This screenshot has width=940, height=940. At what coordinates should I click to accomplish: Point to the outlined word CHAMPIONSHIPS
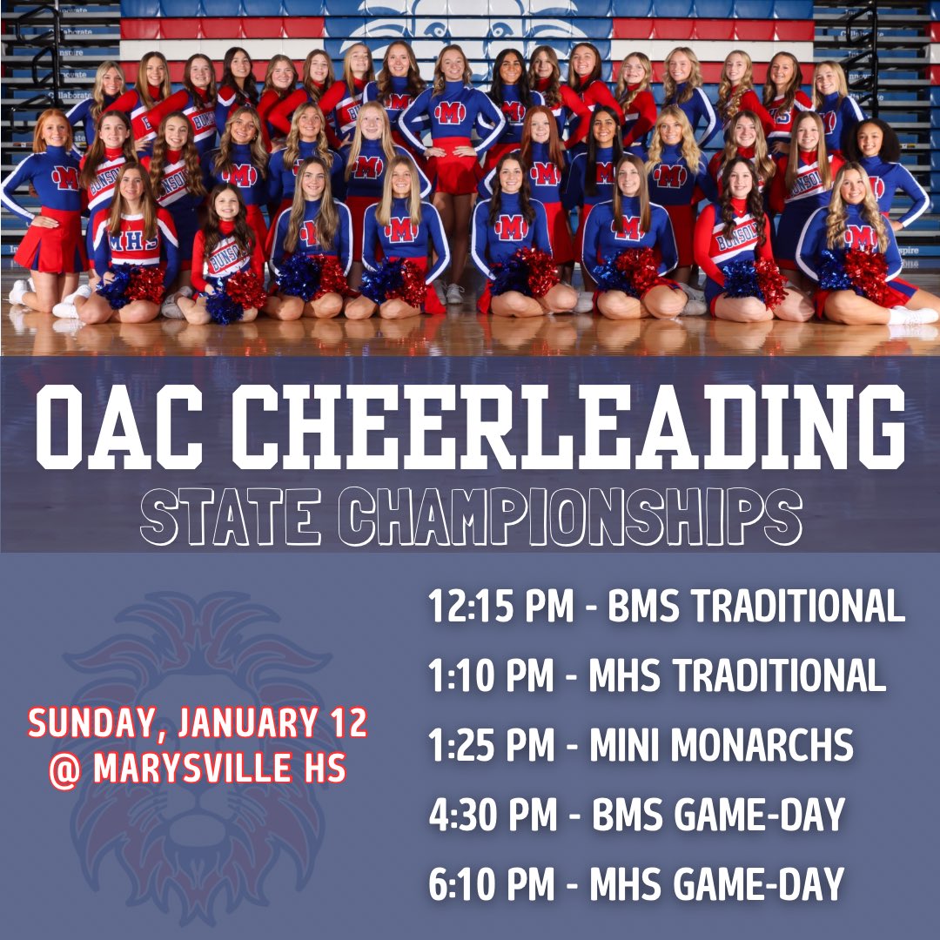click(x=569, y=517)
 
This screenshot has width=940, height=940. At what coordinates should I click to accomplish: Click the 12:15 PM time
click(x=500, y=607)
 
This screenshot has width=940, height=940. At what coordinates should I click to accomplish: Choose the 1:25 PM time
click(x=491, y=746)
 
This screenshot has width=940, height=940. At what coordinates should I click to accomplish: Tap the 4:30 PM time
click(x=493, y=816)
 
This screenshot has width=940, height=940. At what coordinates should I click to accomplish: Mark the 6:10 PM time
click(x=491, y=885)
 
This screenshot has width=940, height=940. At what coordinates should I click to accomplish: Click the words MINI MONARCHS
click(x=721, y=746)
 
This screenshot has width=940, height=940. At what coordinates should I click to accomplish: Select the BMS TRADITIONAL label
click(x=756, y=607)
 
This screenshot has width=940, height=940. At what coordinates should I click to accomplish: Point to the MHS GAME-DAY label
click(x=716, y=885)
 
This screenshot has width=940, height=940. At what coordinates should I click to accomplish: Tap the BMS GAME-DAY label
click(x=718, y=816)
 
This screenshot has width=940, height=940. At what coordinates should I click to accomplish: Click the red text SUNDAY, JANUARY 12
click(x=198, y=723)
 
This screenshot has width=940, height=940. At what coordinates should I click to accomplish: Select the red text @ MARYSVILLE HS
click(x=198, y=768)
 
